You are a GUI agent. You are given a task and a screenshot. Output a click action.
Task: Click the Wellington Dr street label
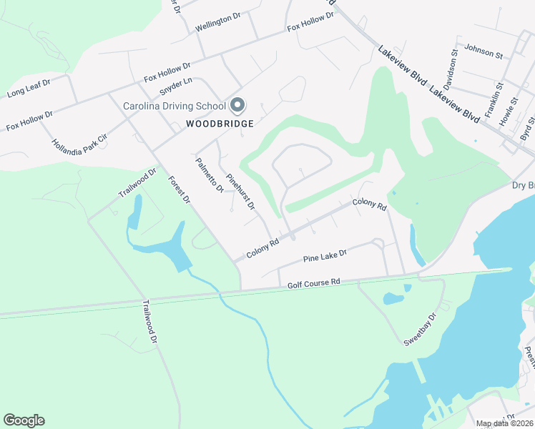point(217,21)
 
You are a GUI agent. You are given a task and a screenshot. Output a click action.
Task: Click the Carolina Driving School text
point(175,107)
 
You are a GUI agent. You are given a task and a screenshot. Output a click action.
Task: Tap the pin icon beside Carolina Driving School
point(238,107)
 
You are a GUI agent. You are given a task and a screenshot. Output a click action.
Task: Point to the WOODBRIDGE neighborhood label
point(220,124)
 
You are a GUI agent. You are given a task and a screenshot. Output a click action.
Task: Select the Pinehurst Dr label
point(240,192)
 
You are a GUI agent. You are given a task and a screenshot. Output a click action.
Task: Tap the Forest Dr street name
point(179,190)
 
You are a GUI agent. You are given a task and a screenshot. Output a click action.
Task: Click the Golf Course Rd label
point(313,284)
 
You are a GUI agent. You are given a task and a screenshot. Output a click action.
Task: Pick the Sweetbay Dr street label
point(420,330)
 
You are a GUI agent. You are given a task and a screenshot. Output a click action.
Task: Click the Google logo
point(24,420)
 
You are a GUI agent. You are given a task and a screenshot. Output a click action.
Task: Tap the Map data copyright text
point(505,423)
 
